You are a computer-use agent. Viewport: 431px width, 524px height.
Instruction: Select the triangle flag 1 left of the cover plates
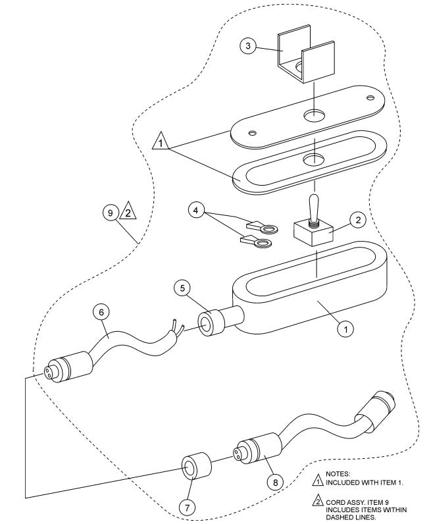161,141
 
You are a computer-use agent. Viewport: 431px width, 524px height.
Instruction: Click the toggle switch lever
315,203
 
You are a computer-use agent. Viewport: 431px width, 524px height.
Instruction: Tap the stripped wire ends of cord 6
176,327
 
